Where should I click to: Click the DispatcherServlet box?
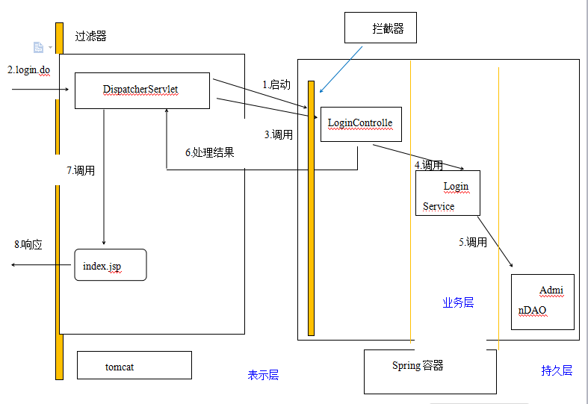point(141,90)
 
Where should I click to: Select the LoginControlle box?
point(361,124)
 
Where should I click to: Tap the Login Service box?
point(447,193)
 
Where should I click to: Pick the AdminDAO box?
point(542,302)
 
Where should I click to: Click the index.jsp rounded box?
point(110,265)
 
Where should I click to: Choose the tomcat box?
point(134,366)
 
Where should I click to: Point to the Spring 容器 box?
point(430,371)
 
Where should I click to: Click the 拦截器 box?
point(380,29)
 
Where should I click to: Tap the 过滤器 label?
point(90,36)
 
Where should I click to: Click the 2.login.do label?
point(29,69)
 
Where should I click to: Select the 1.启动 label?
point(276,84)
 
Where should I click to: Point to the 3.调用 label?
point(279,135)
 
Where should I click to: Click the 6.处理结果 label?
point(209,152)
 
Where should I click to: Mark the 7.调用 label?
point(80,170)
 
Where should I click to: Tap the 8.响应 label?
point(28,244)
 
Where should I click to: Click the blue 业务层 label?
point(458,302)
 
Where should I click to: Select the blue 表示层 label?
point(263,375)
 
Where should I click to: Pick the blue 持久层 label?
point(557,370)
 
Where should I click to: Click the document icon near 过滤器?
point(38,47)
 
